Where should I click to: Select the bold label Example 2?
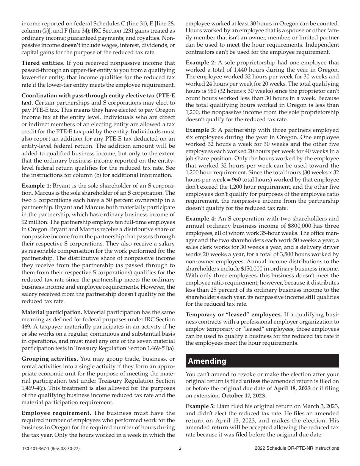pos(200,62)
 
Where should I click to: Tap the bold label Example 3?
pos(200,130)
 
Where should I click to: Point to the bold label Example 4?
pos(200,219)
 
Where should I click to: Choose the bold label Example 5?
pos(200,406)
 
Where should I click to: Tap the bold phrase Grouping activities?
pos(50,359)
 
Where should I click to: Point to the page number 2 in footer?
pos(180,448)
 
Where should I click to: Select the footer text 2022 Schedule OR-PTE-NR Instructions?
pos(297,448)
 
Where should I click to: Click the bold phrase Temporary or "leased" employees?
pos(233,314)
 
